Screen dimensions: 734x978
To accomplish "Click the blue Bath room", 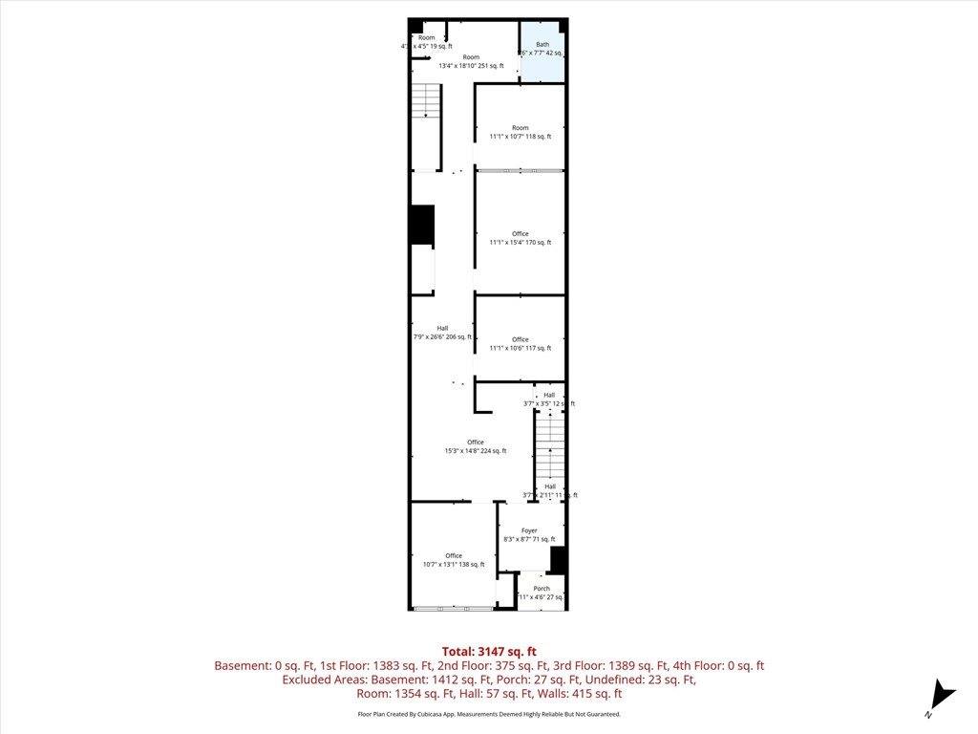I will click(542, 51).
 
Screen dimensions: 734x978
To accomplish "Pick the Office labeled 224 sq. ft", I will click(475, 446).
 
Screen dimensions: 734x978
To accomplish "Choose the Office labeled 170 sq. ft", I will click(520, 238).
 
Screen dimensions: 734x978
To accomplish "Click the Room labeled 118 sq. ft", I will click(520, 132).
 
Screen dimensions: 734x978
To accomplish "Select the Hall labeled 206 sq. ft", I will click(442, 333).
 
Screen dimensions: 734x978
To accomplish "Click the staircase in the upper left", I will click(426, 100).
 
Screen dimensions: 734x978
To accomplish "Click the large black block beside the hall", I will click(422, 224).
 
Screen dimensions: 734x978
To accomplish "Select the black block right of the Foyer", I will click(559, 559).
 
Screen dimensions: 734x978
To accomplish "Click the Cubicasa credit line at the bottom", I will click(489, 714).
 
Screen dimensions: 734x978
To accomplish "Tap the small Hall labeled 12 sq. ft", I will click(549, 399).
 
